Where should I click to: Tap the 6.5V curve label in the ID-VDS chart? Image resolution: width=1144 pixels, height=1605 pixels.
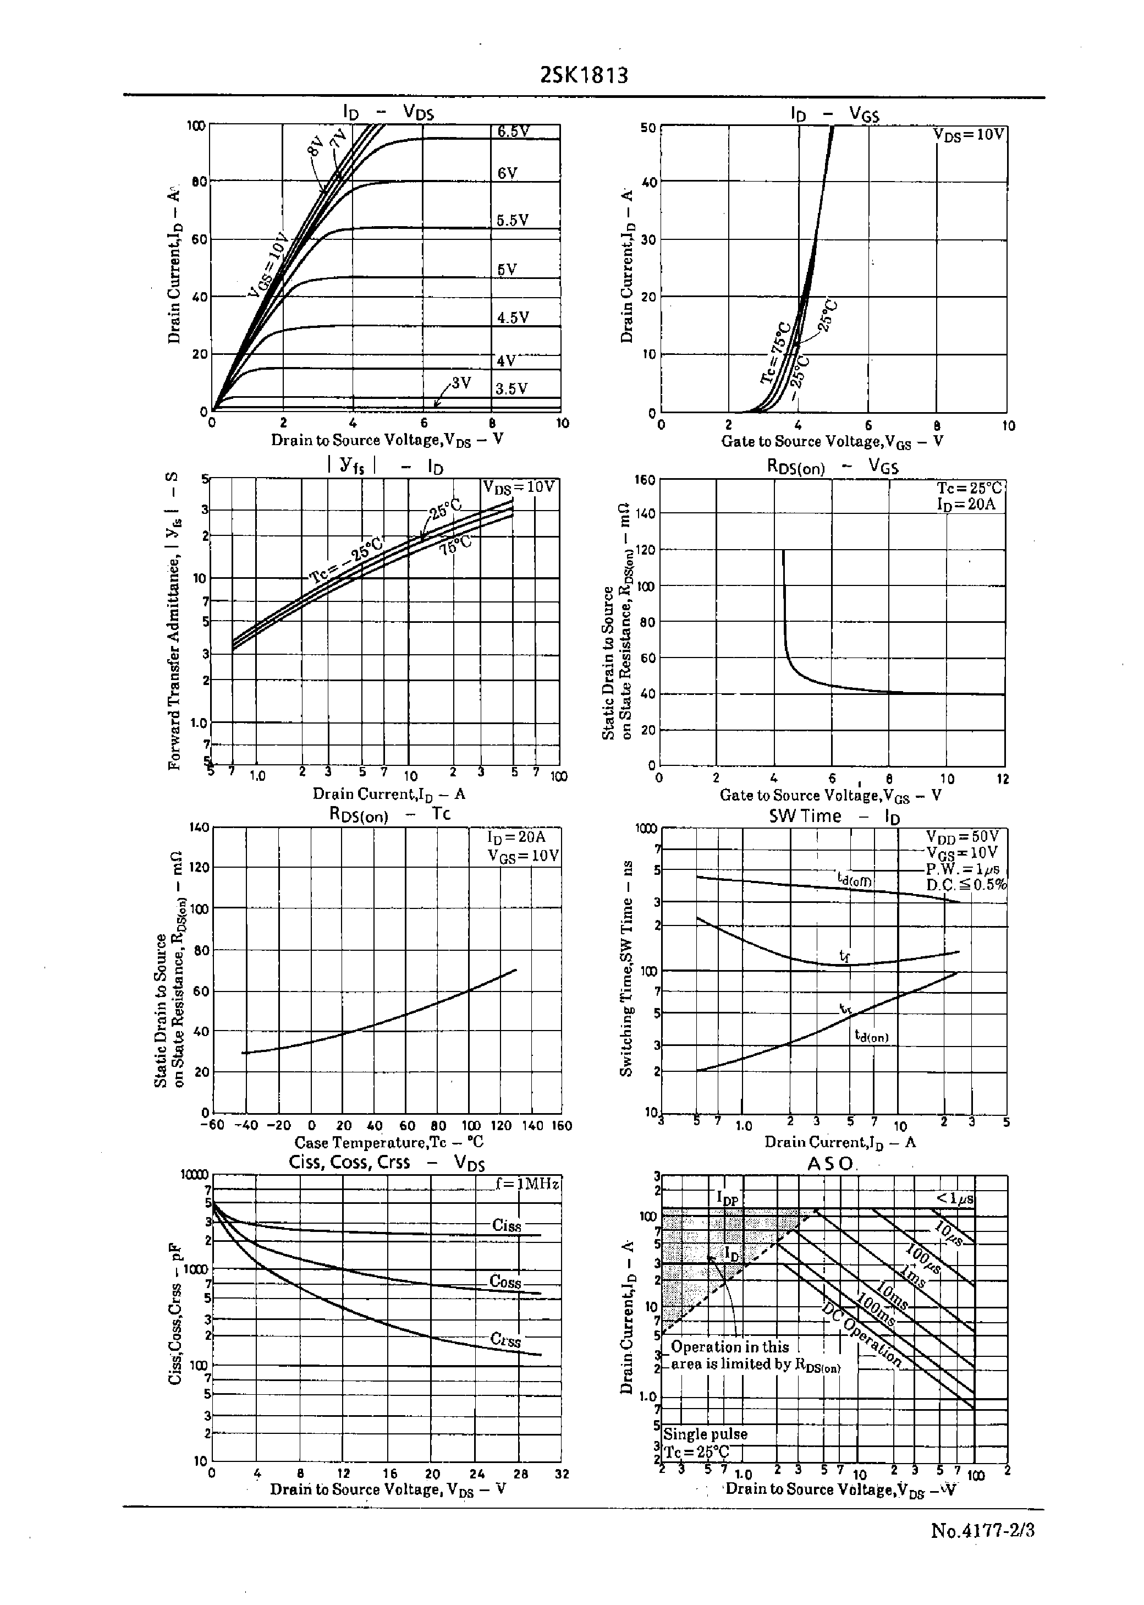point(513,132)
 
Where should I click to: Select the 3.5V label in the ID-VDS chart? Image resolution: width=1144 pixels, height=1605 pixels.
point(512,389)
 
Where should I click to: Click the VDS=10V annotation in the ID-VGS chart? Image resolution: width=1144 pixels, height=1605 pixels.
point(969,135)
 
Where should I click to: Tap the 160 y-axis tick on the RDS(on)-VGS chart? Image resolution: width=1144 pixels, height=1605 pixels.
point(645,480)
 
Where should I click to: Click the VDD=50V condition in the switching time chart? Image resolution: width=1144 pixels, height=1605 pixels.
point(963,836)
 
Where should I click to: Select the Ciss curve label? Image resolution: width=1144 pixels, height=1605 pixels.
point(507,1225)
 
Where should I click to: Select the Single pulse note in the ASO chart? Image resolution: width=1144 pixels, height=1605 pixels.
point(705,1434)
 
